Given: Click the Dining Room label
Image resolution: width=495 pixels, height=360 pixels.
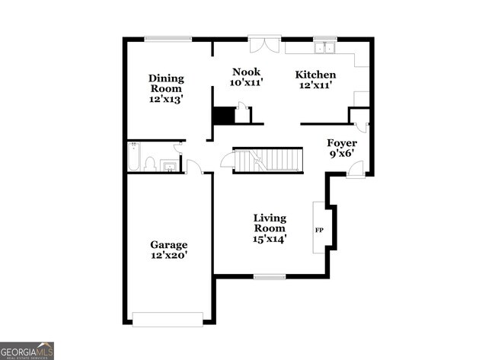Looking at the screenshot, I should click(166, 83).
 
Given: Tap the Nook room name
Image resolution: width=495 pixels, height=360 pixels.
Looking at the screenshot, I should click(247, 72).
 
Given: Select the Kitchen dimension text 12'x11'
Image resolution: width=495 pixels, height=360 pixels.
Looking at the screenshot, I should click(315, 85).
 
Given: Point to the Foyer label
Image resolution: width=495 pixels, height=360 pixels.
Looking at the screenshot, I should click(342, 143).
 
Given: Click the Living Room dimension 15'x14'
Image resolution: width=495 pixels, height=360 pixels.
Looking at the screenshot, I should click(270, 237).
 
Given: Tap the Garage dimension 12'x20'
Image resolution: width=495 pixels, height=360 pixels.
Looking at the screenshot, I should click(168, 255).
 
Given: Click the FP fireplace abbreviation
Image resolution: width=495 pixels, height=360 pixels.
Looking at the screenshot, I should click(319, 229).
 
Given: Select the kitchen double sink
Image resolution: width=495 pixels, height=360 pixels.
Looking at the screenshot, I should click(325, 49).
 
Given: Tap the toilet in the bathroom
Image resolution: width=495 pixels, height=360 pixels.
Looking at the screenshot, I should click(150, 163).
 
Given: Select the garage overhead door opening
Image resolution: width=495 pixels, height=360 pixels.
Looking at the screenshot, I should click(168, 319).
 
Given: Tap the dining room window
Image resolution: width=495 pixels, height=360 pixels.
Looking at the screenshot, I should click(168, 39).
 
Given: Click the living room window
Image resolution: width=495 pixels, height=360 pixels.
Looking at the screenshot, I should click(269, 276).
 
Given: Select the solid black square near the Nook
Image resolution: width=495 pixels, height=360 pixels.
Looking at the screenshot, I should click(223, 116).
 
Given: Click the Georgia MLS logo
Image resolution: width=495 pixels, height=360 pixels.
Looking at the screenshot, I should click(27, 350).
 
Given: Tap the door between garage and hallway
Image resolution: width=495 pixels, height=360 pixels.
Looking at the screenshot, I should click(193, 167).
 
